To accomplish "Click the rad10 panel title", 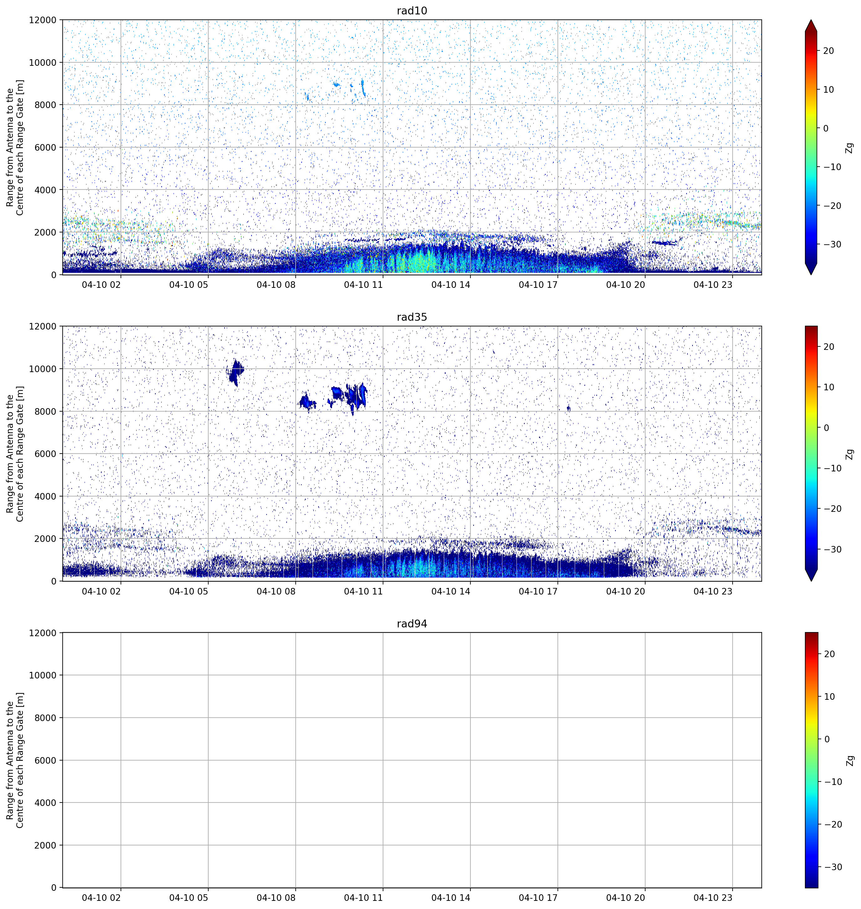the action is click(412, 11).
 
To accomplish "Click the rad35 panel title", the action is click(412, 317).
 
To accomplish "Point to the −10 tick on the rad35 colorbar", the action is click(832, 468).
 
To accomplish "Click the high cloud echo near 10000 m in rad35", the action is click(235, 371).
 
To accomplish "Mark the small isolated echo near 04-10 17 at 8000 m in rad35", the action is click(569, 408).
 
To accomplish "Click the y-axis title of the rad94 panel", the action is click(15, 760).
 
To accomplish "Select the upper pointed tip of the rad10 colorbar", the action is click(811, 20).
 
